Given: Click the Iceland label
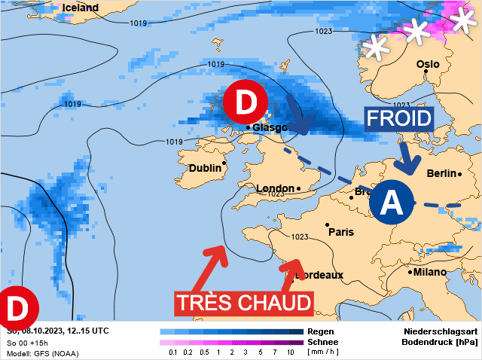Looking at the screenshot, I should (x=80, y=8).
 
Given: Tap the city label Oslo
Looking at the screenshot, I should (x=428, y=64).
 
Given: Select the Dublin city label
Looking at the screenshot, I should (x=205, y=167).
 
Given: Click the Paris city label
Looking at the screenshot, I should (x=341, y=232).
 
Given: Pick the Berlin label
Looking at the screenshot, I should (x=441, y=173).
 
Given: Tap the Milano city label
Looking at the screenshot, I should (x=430, y=272).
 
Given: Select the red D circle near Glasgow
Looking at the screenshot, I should (x=246, y=103).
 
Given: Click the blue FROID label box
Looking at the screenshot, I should (x=399, y=118).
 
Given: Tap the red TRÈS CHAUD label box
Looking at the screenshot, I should (x=244, y=303).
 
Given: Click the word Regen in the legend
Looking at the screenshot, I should (x=322, y=331).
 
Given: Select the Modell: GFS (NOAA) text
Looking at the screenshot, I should (x=42, y=353).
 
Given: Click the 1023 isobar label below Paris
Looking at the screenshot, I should (x=300, y=237).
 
